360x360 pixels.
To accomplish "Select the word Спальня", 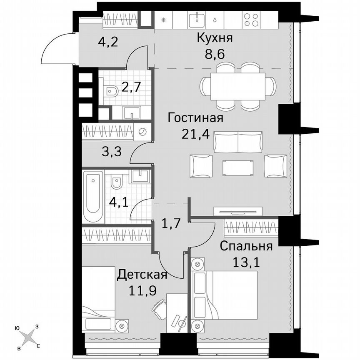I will click(246, 246).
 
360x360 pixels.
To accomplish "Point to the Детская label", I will click(142, 275).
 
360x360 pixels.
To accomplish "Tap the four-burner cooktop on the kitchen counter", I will click(252, 19).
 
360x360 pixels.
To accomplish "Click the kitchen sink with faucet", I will click(196, 19).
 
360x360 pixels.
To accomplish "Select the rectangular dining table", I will click(237, 86).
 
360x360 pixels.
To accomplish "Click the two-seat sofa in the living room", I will click(237, 142).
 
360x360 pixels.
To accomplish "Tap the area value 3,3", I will click(112, 151).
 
